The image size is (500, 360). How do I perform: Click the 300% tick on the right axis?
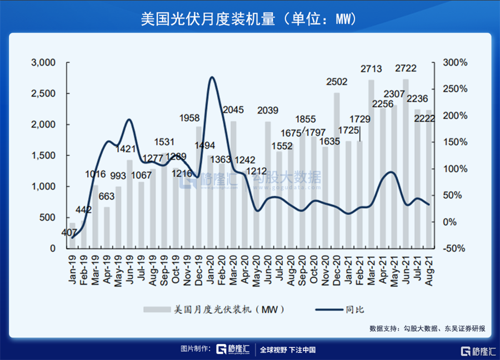click(x=455, y=63)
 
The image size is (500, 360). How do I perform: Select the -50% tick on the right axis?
click(x=455, y=248)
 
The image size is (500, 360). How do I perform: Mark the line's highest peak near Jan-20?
click(x=212, y=77)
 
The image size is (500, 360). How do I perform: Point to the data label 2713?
click(x=371, y=69)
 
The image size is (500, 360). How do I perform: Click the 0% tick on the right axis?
click(x=451, y=222)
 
